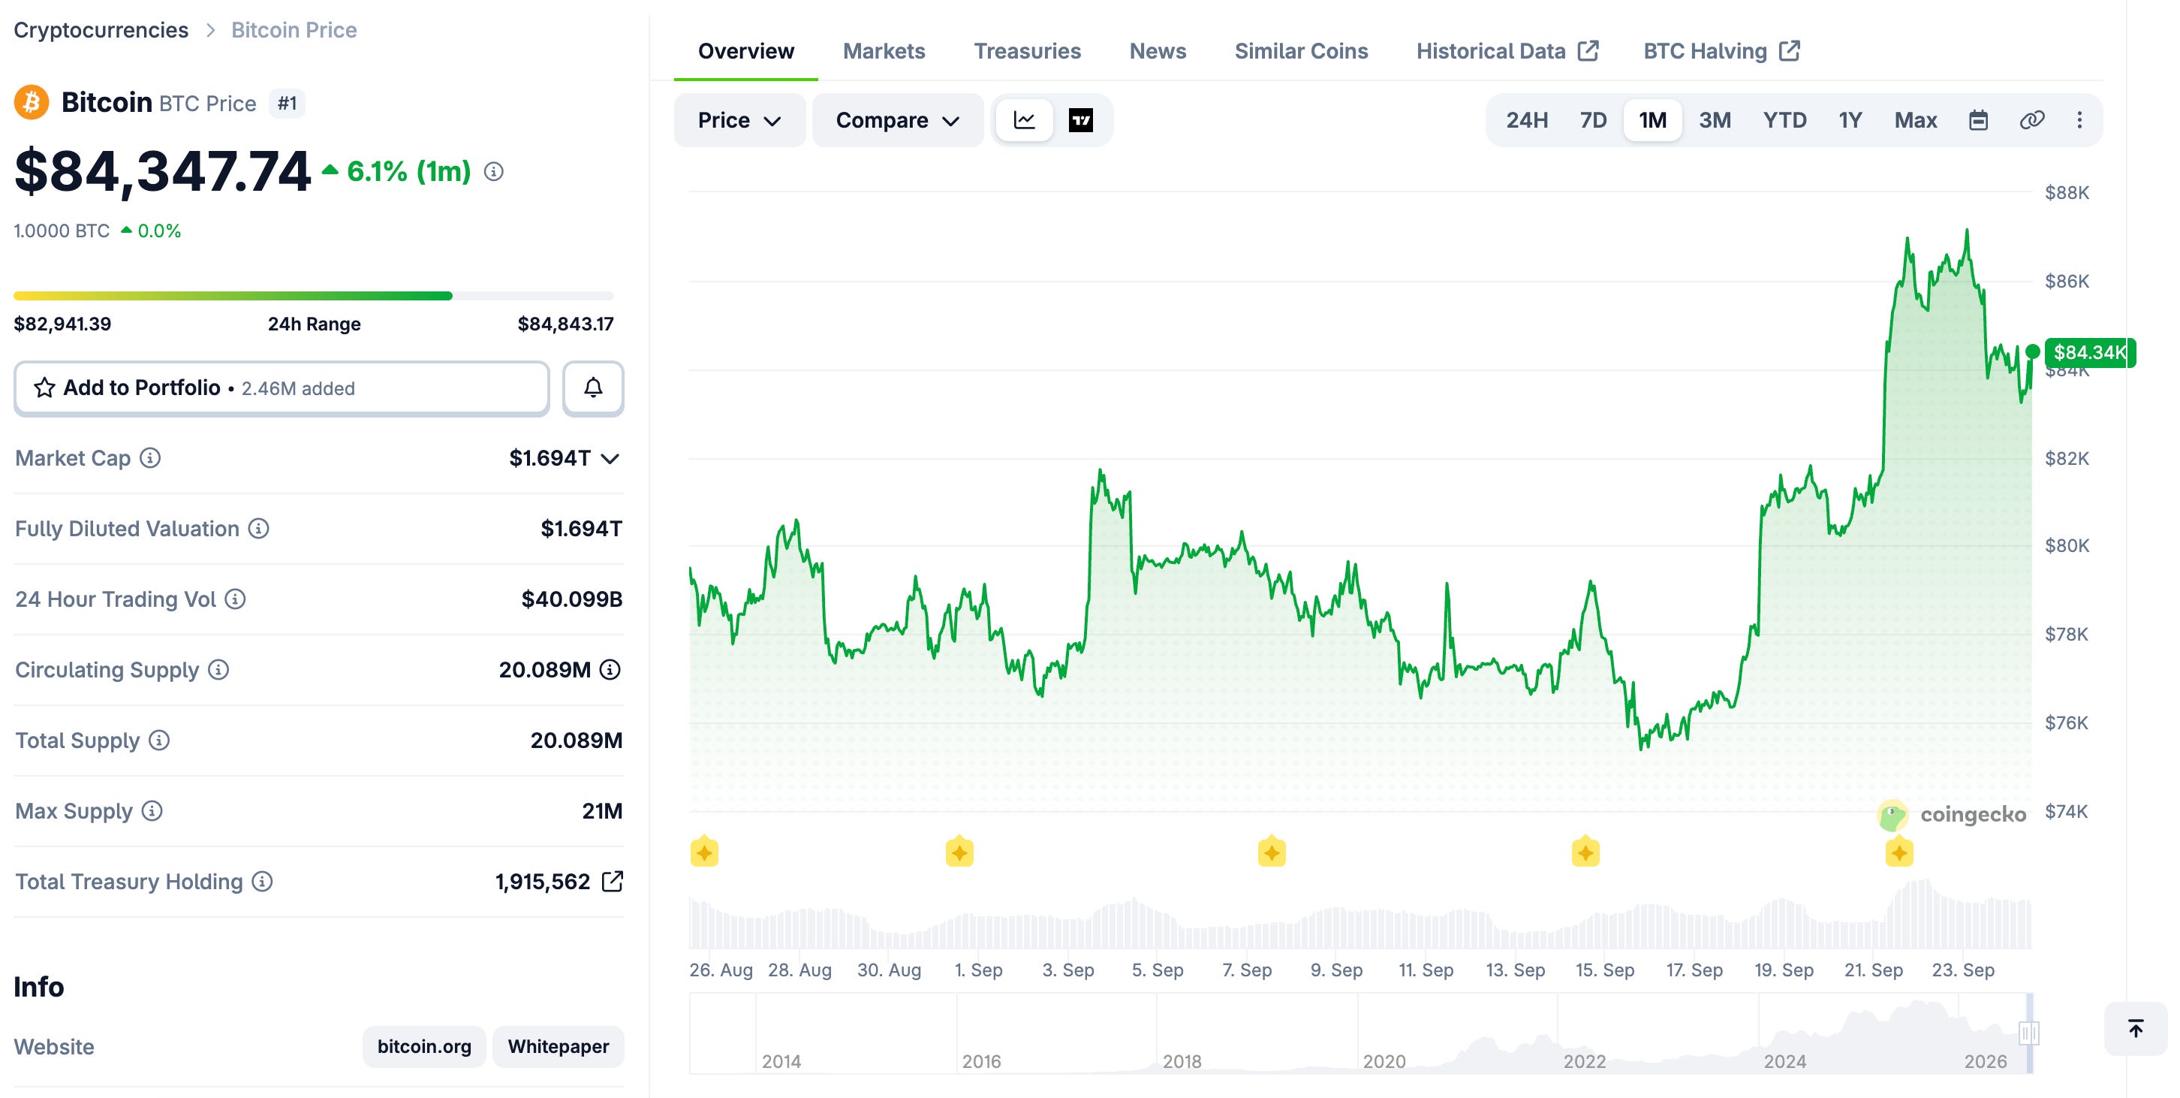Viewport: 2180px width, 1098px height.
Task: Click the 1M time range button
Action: click(1652, 120)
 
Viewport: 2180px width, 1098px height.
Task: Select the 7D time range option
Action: click(1593, 120)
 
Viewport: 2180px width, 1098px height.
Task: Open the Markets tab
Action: click(884, 51)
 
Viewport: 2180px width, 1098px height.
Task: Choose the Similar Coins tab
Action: click(1301, 51)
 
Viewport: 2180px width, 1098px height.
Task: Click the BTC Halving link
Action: click(1721, 51)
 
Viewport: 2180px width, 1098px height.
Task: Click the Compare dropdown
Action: click(897, 120)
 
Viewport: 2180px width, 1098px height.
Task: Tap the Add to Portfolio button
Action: click(282, 388)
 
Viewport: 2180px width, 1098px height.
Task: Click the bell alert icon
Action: click(593, 388)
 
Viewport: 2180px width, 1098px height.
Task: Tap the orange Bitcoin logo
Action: click(32, 102)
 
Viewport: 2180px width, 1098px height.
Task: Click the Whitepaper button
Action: click(558, 1046)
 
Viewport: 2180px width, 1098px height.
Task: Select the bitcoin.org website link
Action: click(424, 1046)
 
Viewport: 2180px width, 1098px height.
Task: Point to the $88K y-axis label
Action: click(2067, 192)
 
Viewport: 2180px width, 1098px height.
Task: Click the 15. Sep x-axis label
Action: click(1604, 970)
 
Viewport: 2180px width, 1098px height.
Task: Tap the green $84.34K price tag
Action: click(2089, 352)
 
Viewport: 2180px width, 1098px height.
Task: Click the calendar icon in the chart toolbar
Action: click(1978, 120)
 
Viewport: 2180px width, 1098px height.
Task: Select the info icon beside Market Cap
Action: click(150, 458)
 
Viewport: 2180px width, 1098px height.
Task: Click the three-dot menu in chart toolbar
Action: click(2079, 120)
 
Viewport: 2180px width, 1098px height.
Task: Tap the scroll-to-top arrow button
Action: click(2135, 1029)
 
